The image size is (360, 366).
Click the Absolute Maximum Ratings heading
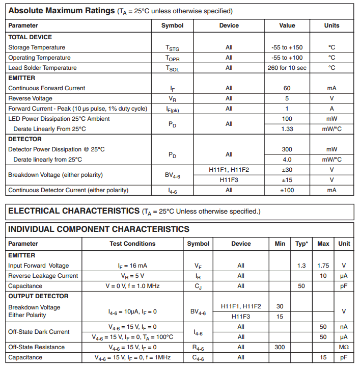click(61, 10)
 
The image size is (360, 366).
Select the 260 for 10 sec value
click(287, 68)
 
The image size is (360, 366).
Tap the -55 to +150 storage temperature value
click(287, 47)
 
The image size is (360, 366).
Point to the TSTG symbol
click(172, 48)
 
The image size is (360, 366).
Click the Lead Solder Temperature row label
click(42, 68)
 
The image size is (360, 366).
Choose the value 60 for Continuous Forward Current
click(287, 88)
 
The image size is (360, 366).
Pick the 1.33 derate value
click(287, 129)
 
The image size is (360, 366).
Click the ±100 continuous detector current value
click(287, 190)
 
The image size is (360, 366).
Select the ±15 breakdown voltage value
click(287, 180)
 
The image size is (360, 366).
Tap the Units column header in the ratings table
click(331, 25)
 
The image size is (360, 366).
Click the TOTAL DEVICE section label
click(30, 37)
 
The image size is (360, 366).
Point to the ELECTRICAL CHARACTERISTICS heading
click(73, 211)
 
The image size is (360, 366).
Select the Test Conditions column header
click(132, 244)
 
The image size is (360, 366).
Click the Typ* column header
click(301, 244)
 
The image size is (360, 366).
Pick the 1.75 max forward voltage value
click(323, 266)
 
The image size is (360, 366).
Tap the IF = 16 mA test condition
click(132, 266)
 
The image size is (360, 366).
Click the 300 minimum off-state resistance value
click(280, 347)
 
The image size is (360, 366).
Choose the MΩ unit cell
click(344, 347)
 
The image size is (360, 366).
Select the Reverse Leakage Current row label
click(43, 276)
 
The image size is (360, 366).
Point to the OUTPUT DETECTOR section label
click(38, 296)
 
